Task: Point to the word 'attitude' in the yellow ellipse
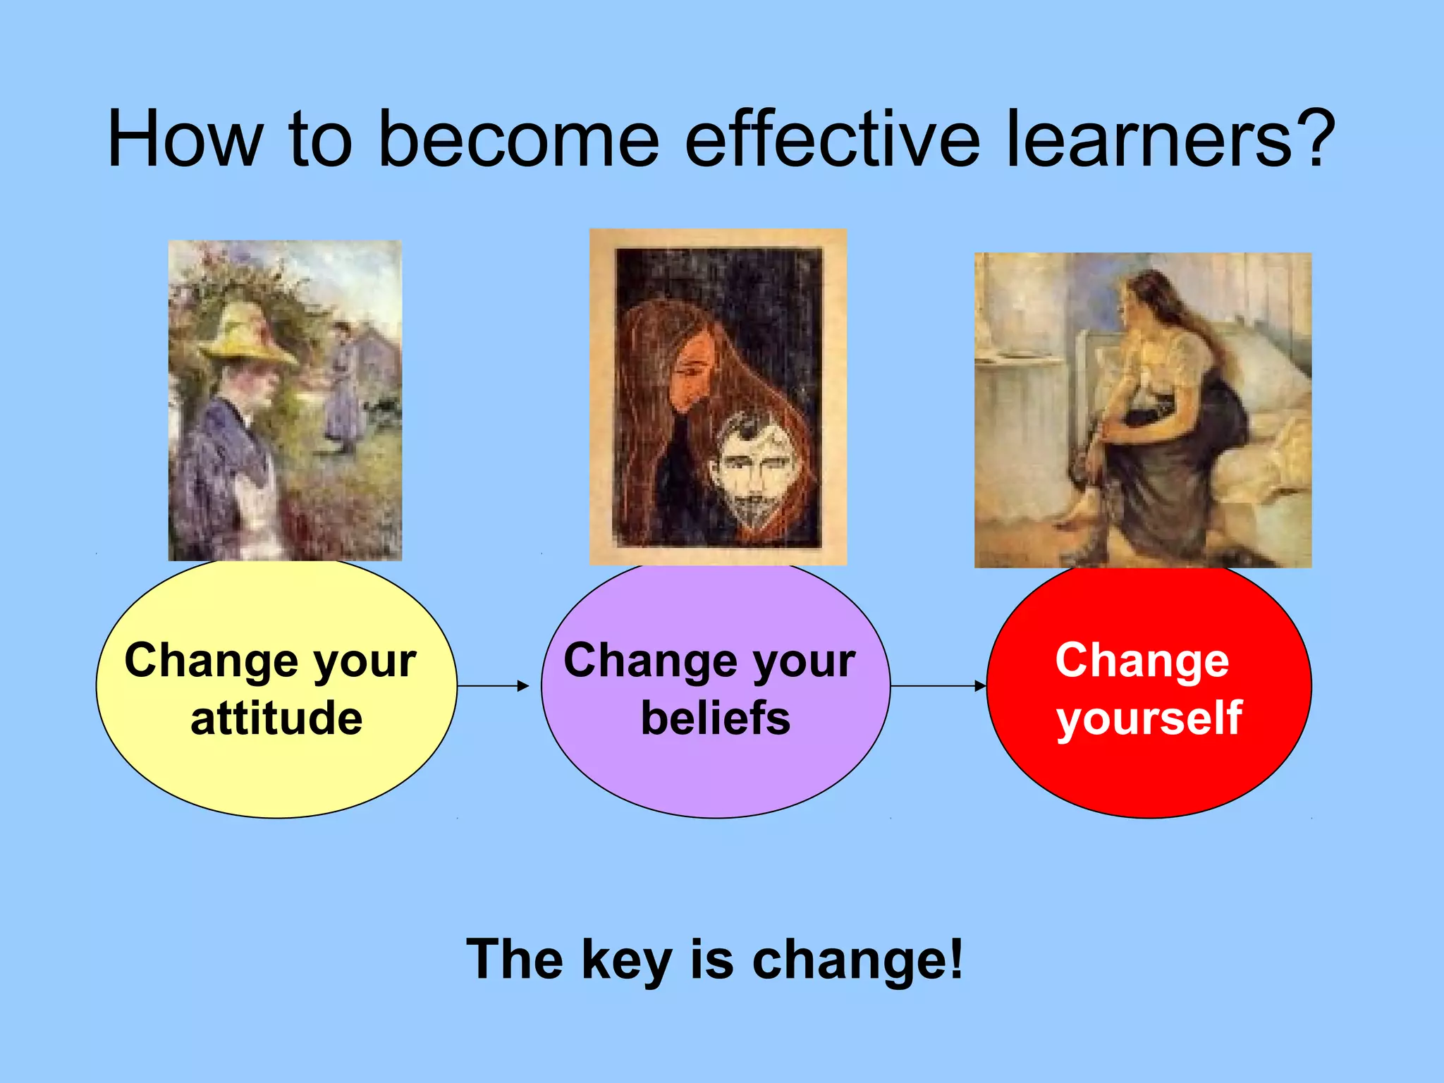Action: point(276,718)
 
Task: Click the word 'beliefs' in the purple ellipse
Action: point(715,718)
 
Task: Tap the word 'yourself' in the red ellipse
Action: point(1149,720)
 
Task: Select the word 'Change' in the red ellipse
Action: point(1142,661)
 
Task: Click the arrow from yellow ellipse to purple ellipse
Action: point(493,685)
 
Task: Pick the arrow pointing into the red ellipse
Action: point(938,685)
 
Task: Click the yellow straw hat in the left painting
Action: point(247,338)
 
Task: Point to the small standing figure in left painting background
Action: point(343,388)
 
